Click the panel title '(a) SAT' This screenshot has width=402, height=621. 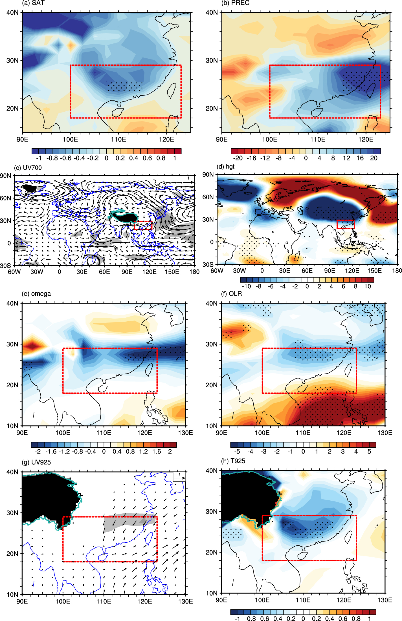point(33,3)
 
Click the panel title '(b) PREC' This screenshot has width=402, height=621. point(235,3)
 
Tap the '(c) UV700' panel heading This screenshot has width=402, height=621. point(28,168)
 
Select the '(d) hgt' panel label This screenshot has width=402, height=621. point(225,167)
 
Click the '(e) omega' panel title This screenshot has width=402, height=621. point(36,294)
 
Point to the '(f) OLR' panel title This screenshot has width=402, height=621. point(232,294)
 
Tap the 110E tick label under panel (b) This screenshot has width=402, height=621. point(318,139)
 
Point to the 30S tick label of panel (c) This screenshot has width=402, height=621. point(5,266)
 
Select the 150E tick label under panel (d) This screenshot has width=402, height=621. point(374,271)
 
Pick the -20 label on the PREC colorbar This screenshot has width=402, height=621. point(238,158)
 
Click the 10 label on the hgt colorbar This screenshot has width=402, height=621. point(368,286)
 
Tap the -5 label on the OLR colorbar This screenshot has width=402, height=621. point(237,451)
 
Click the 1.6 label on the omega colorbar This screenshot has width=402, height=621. point(157,451)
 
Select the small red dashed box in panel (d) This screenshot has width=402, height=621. point(346,224)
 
